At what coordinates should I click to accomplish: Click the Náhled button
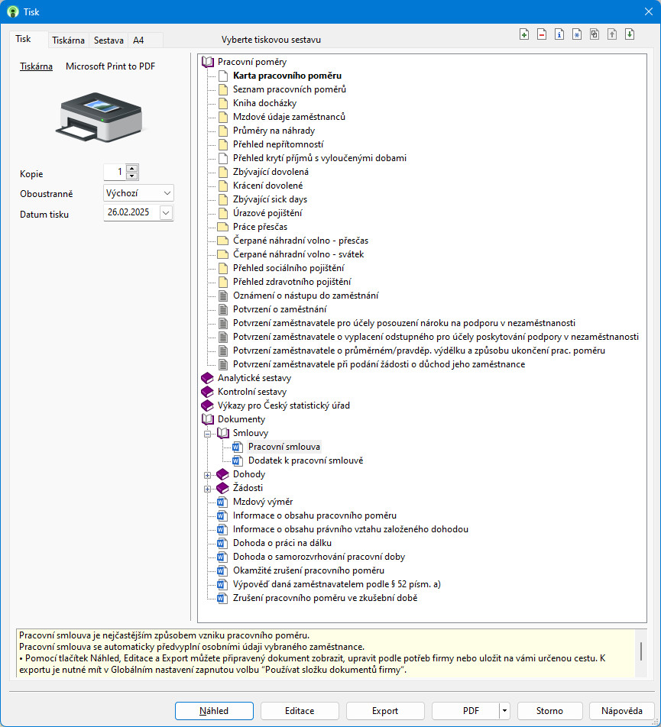(x=214, y=711)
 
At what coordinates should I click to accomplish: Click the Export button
(x=385, y=711)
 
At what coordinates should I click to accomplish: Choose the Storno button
(x=549, y=711)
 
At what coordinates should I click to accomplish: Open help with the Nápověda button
(x=621, y=711)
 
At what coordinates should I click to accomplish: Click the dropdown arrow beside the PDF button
(x=504, y=711)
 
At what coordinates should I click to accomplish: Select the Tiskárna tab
(x=68, y=40)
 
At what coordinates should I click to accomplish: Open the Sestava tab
(x=109, y=40)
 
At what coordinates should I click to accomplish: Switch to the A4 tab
(x=138, y=40)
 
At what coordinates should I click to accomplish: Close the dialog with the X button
(x=649, y=11)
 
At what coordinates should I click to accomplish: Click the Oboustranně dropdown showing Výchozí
(x=138, y=193)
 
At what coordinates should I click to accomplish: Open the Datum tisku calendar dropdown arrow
(x=166, y=213)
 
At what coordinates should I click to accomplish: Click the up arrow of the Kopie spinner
(x=132, y=168)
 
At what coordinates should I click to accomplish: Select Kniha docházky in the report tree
(x=264, y=103)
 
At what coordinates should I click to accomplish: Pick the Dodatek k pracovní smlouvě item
(x=306, y=460)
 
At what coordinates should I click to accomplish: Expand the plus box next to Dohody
(x=207, y=475)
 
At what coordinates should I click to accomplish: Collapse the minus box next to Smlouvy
(x=207, y=434)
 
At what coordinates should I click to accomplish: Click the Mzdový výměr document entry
(x=263, y=502)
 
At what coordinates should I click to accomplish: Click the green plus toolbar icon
(x=524, y=34)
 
